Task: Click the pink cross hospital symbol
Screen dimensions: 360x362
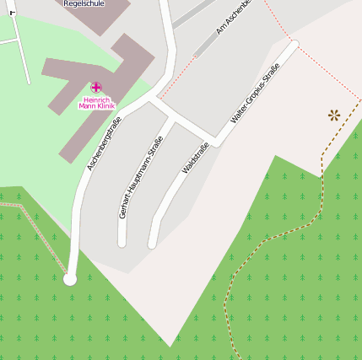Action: (96, 87)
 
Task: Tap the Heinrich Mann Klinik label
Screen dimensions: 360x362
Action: (96, 102)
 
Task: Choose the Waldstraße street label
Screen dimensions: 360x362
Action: (195, 159)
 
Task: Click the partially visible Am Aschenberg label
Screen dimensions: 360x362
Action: (234, 19)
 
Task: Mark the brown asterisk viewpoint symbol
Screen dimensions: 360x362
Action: (334, 115)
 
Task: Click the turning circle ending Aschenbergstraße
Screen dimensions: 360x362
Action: (70, 279)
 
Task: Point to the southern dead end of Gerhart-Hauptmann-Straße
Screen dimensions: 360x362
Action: (122, 243)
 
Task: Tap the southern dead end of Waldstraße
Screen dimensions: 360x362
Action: (153, 244)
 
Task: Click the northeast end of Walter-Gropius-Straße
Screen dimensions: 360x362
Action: (294, 45)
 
